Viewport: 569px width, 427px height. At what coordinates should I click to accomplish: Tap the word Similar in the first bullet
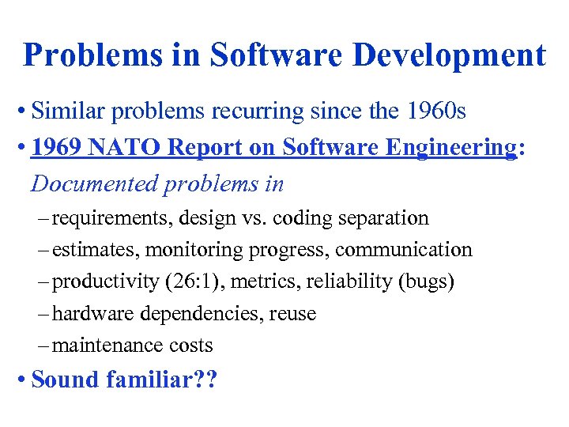point(69,111)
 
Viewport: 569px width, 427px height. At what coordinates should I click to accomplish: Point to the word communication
point(403,250)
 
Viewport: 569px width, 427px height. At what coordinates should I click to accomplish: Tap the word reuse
point(292,314)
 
